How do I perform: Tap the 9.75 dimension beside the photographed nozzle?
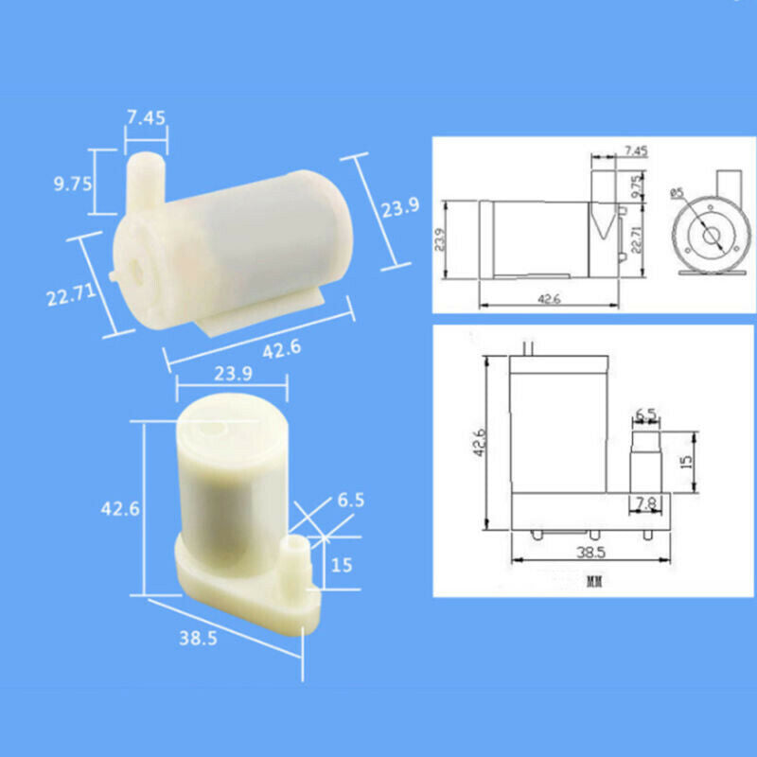click(73, 184)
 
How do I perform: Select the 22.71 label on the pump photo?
click(70, 296)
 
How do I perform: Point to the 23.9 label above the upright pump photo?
click(232, 374)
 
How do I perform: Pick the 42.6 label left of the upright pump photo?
click(121, 508)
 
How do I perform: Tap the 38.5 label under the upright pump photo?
click(198, 637)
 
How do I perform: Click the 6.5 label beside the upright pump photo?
click(351, 501)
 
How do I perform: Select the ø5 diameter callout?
click(676, 193)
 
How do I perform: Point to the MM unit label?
click(594, 578)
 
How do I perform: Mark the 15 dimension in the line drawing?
click(686, 462)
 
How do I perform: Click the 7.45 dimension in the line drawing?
click(636, 150)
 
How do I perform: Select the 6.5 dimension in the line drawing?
click(646, 414)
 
